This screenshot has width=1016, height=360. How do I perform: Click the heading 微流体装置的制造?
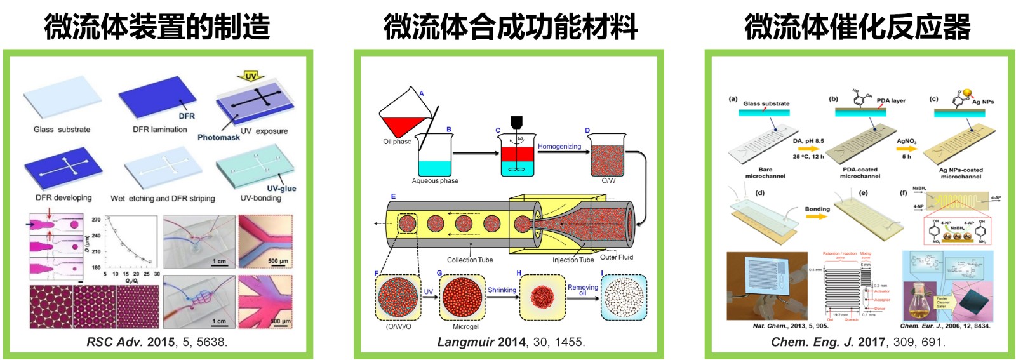tap(157, 27)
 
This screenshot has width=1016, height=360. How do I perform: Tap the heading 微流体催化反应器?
tap(857, 27)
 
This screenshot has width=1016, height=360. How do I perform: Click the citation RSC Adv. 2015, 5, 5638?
tap(157, 342)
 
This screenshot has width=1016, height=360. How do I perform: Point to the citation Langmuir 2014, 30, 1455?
tap(511, 342)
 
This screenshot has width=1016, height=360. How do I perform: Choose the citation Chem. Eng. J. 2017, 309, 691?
tap(858, 342)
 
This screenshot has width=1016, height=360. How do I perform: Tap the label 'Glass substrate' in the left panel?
tap(62, 130)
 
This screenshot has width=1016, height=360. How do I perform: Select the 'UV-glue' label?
tap(281, 189)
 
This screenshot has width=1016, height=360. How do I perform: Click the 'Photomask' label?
tap(218, 137)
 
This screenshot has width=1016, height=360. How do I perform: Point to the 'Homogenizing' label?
tap(559, 147)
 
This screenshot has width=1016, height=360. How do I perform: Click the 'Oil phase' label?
tap(397, 142)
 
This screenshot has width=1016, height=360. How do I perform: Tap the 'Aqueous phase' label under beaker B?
tap(435, 181)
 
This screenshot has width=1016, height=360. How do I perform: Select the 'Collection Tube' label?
tap(469, 260)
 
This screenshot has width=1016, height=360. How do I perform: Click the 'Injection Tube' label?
tap(573, 260)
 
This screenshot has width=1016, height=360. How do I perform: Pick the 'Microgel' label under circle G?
tap(465, 327)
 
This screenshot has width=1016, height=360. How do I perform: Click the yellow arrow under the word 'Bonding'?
tap(817, 217)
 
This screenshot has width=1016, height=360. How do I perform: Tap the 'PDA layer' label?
tap(891, 101)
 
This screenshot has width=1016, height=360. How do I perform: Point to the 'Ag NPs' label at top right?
tap(982, 102)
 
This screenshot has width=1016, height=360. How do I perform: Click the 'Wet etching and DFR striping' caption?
tap(163, 199)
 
